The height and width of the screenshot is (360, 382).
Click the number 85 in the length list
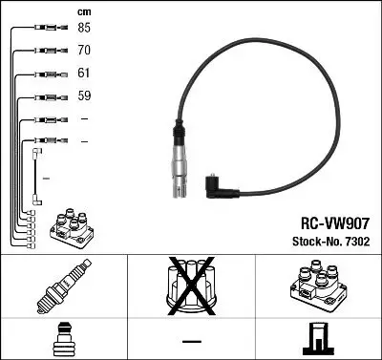point(84,28)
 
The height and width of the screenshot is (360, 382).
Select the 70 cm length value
point(84,50)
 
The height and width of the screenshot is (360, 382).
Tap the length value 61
point(84,73)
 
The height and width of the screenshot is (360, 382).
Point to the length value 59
point(84,95)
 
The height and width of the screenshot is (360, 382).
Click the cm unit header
point(84,11)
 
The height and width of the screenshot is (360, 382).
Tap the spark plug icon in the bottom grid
point(62,284)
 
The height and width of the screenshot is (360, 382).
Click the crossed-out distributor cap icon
point(190,283)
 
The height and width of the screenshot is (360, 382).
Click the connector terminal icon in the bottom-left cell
point(62,341)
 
